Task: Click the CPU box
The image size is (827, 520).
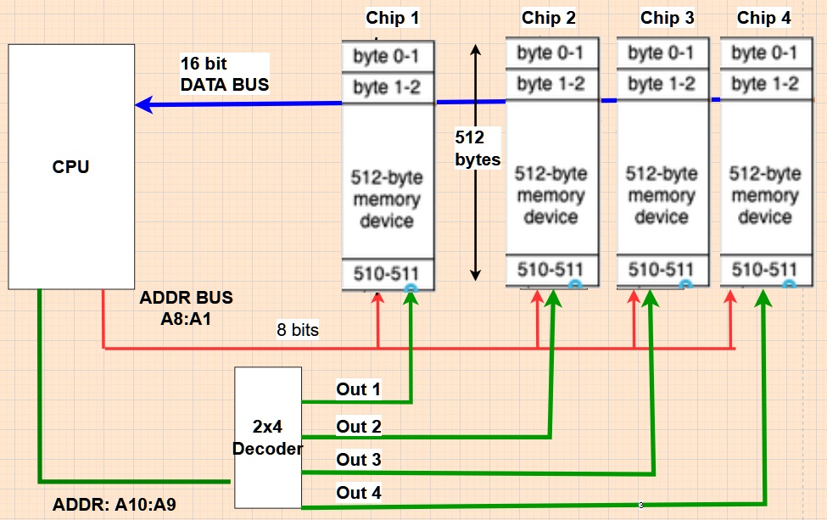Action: pyautogui.click(x=70, y=166)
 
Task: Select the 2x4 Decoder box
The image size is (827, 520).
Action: pyautogui.click(x=268, y=438)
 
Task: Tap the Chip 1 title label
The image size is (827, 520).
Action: pyautogui.click(x=392, y=18)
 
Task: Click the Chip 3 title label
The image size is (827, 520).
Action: pyautogui.click(x=667, y=18)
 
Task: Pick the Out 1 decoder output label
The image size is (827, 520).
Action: pyautogui.click(x=359, y=389)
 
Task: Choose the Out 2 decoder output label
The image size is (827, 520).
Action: pyautogui.click(x=359, y=426)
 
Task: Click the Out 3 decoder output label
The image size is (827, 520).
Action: pyautogui.click(x=359, y=460)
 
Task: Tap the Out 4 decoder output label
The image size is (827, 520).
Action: pyautogui.click(x=359, y=492)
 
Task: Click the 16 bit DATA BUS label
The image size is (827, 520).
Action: pyautogui.click(x=224, y=73)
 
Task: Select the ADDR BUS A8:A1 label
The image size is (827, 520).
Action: pyautogui.click(x=186, y=308)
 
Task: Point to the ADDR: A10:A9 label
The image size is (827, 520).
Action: pyautogui.click(x=115, y=506)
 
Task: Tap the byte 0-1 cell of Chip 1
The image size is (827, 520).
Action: pyautogui.click(x=388, y=56)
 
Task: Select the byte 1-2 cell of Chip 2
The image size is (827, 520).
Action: pyautogui.click(x=551, y=83)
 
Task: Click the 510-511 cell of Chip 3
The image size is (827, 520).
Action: pyautogui.click(x=662, y=270)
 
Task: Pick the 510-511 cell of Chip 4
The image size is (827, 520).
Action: pyautogui.click(x=765, y=270)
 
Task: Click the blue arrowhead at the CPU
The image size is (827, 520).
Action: pyautogui.click(x=144, y=105)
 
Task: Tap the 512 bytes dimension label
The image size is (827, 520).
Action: pyautogui.click(x=478, y=148)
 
